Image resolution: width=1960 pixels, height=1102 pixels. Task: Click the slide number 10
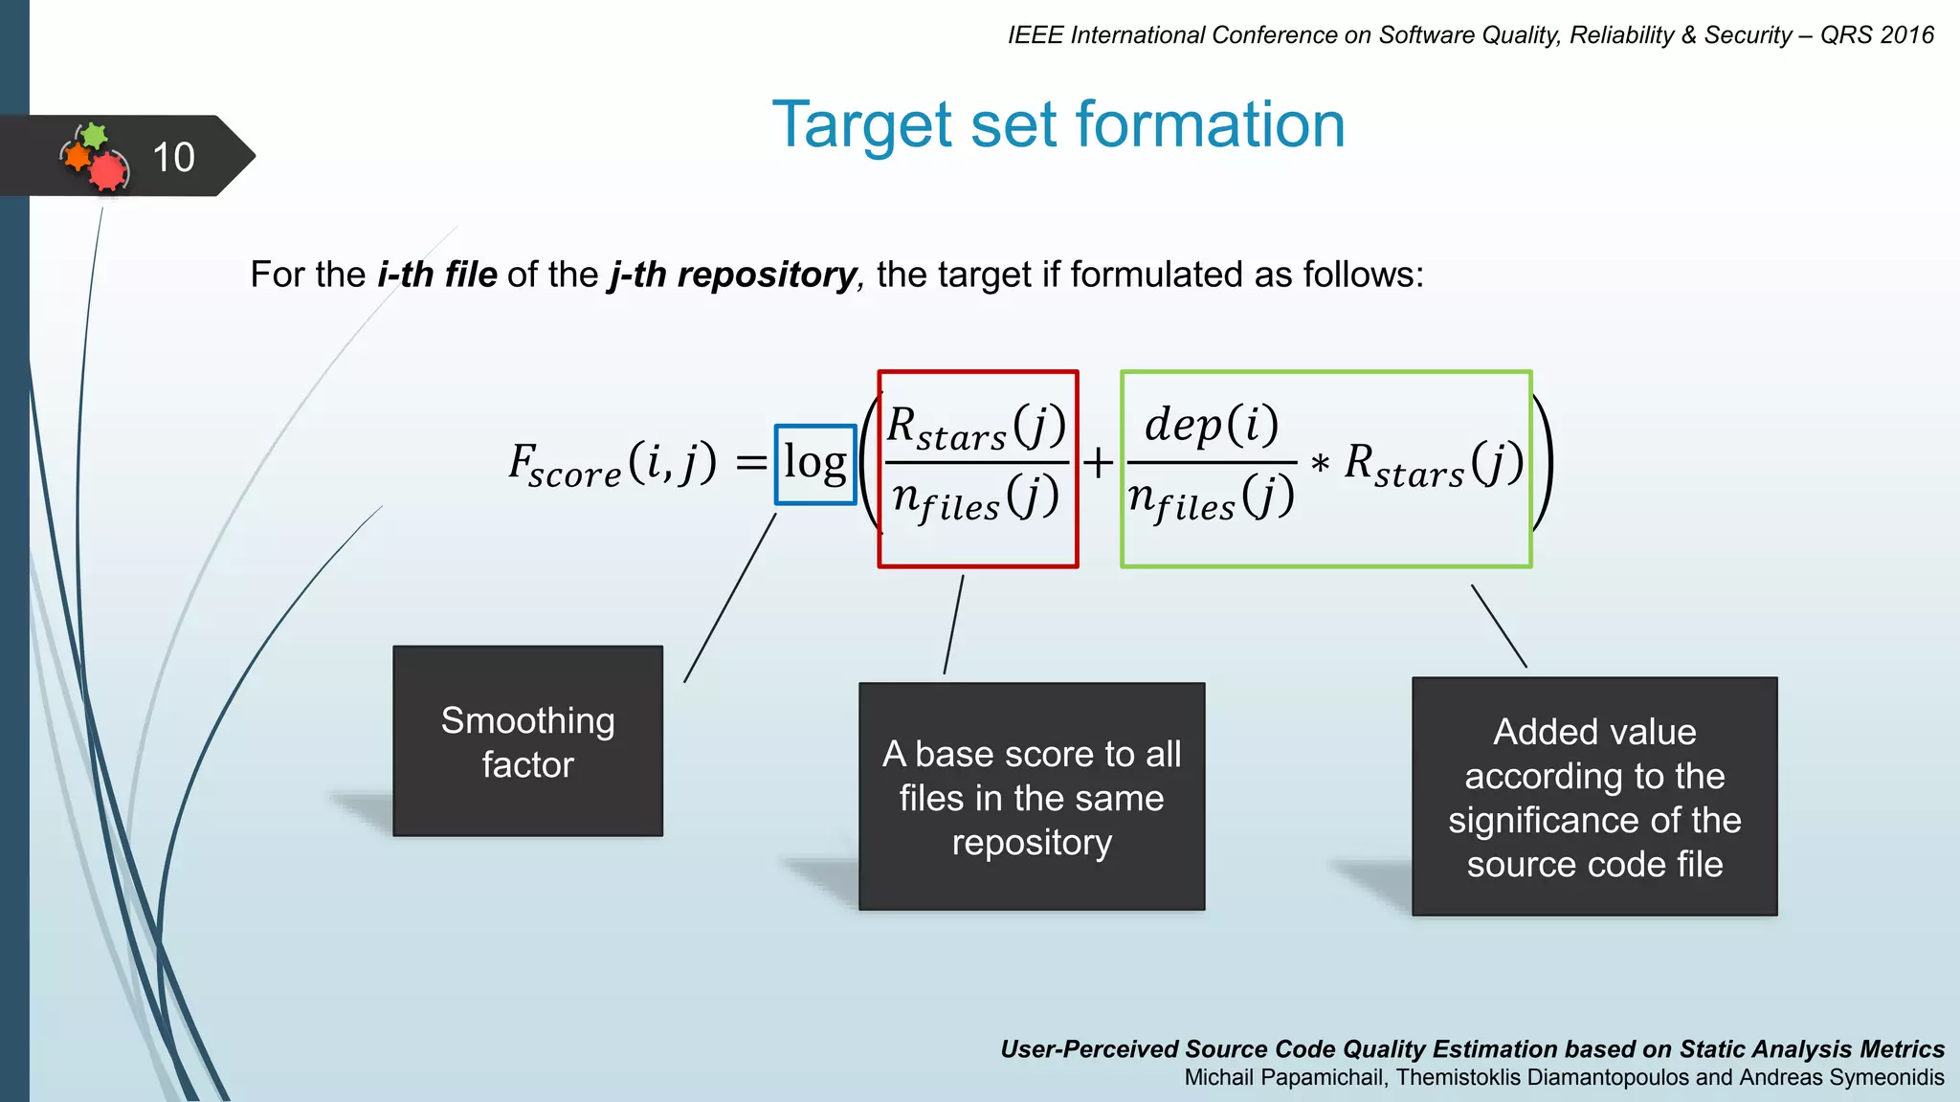pos(173,157)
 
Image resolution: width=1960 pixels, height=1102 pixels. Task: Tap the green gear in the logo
pos(94,135)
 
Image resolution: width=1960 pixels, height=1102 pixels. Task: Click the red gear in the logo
pos(108,172)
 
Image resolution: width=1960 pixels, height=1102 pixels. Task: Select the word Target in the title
pos(862,125)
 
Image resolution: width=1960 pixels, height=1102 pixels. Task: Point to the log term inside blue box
pos(815,464)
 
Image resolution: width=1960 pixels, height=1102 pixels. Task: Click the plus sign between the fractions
pos(1099,463)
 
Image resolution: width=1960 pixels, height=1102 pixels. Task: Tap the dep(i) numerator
pos(1212,424)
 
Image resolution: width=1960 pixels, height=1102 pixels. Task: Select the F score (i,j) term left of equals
pos(612,465)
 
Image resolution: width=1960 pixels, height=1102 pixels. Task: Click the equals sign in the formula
pos(751,464)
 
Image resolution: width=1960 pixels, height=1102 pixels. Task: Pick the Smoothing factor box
pos(527,741)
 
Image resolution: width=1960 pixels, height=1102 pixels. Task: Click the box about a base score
pos(1032,796)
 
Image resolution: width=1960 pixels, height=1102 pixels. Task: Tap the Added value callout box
pos(1594,796)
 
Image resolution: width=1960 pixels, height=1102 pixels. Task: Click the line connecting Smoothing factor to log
pos(730,598)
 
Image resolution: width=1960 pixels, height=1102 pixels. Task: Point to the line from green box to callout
pos(1499,626)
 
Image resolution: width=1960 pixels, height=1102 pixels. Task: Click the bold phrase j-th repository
pos(733,275)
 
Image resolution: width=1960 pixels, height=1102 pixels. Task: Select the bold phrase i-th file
pos(437,275)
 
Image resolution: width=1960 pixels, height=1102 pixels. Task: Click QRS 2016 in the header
pos(1876,35)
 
